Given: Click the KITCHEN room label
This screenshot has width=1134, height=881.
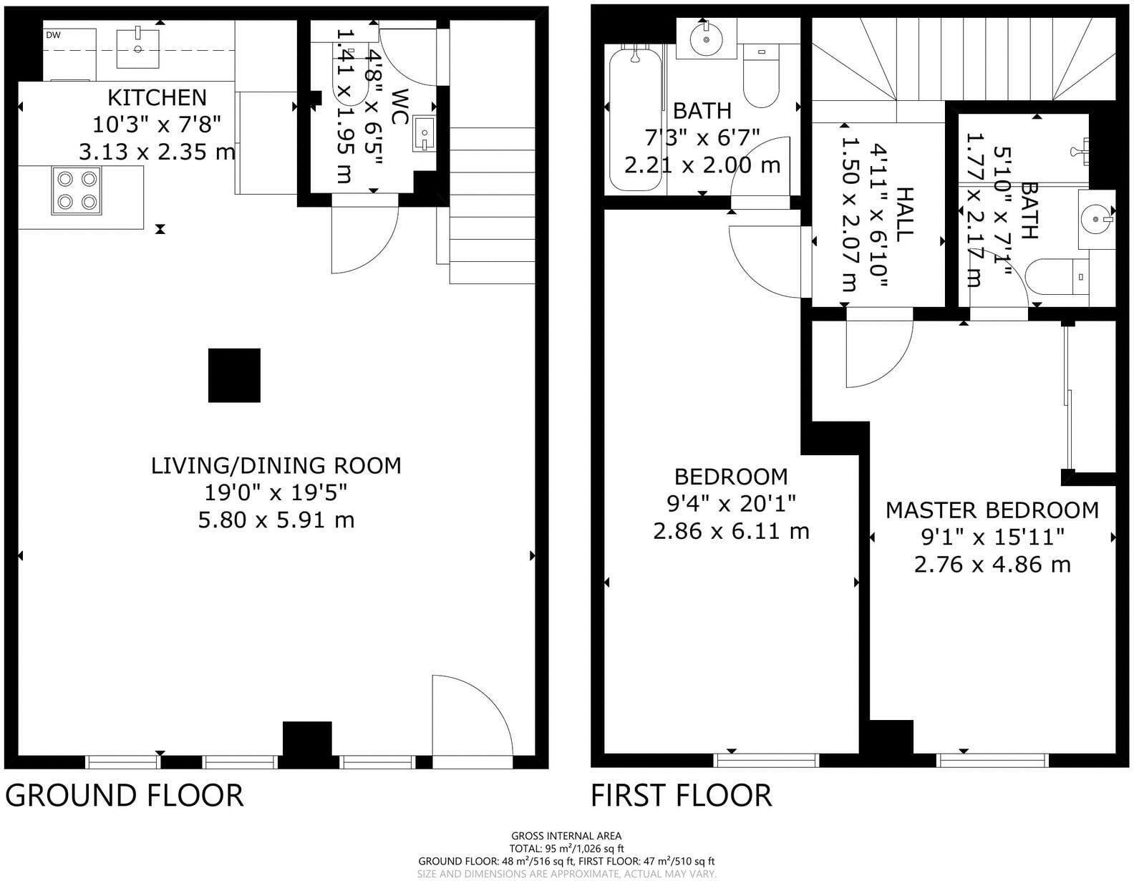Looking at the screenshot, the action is [157, 97].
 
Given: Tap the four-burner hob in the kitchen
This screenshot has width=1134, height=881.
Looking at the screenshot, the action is [76, 190].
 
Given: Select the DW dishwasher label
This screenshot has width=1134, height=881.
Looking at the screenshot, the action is [53, 36].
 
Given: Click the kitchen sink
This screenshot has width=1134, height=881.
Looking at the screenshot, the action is [137, 49].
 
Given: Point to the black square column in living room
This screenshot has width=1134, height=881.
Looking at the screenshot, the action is [234, 376].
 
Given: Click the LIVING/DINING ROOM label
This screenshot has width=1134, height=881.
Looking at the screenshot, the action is [276, 466].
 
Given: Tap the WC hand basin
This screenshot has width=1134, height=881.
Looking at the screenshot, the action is [424, 134].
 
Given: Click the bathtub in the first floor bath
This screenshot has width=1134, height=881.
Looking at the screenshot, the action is [636, 120].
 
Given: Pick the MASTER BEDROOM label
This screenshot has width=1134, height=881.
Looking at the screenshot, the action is [992, 510].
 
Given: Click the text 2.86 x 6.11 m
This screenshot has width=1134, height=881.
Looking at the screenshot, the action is [731, 532].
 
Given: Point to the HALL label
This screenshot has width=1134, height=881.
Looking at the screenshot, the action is [905, 214].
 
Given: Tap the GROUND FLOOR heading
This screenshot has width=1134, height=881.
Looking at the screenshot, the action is [124, 795].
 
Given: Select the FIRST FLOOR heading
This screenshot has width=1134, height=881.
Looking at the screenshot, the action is [681, 795].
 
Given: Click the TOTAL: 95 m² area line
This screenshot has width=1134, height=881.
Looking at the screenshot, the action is [567, 849].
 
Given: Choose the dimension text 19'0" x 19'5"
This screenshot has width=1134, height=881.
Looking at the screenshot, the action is [276, 492].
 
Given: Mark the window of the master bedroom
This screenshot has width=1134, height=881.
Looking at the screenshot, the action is [992, 761].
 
